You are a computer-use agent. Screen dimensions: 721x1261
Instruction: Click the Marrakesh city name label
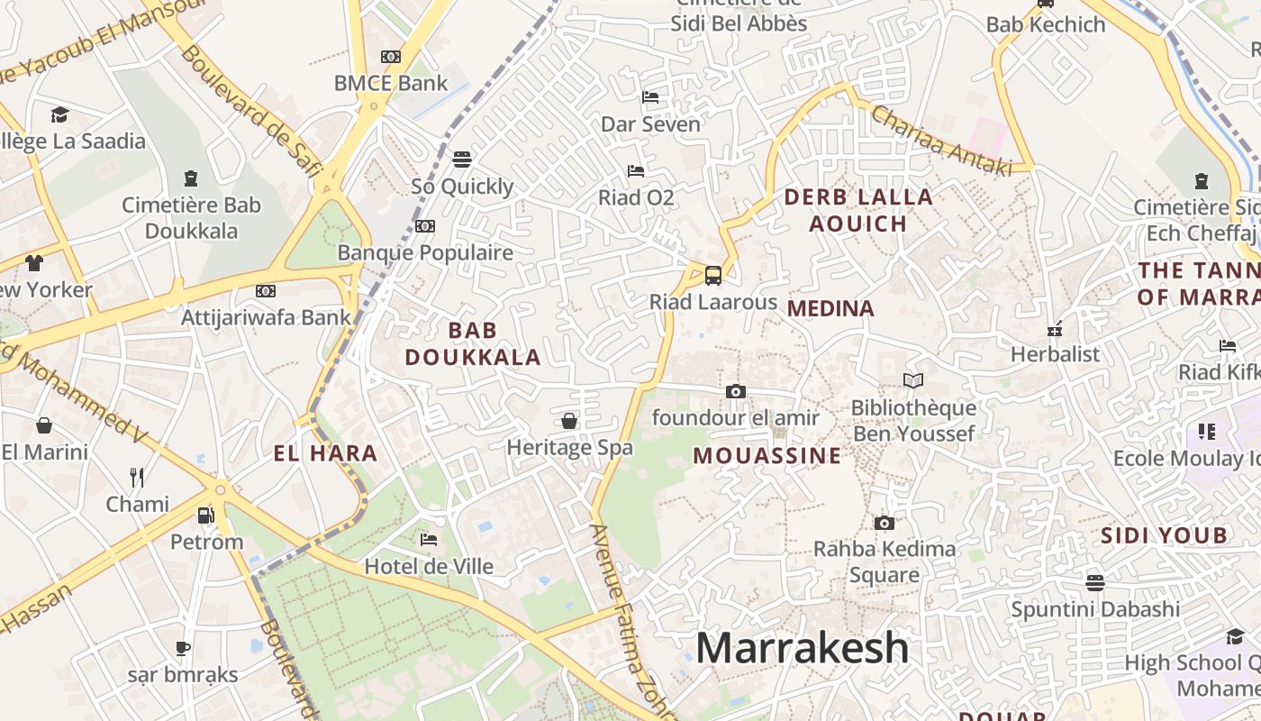(x=802, y=648)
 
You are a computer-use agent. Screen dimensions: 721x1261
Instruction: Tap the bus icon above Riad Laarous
(x=713, y=275)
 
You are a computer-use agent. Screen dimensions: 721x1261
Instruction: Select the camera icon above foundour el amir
(x=736, y=391)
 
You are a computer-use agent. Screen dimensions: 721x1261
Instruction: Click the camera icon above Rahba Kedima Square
(x=885, y=523)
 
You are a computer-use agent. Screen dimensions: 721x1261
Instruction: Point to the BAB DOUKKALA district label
(x=473, y=344)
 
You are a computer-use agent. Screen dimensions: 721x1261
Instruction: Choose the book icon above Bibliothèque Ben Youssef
(x=913, y=381)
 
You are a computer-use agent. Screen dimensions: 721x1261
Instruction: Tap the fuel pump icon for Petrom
(x=206, y=515)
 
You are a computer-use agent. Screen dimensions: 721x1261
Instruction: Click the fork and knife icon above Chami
(x=137, y=477)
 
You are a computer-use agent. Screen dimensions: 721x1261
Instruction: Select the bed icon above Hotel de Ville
(x=429, y=540)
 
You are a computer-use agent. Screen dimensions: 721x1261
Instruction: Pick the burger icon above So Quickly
(x=462, y=160)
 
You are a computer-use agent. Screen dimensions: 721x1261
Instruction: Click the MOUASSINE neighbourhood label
(x=767, y=456)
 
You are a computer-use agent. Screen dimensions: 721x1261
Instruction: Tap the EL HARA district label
(x=325, y=453)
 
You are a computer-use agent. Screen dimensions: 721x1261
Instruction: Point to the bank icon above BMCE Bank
(x=391, y=56)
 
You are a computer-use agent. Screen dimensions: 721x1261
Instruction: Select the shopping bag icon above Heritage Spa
(x=569, y=421)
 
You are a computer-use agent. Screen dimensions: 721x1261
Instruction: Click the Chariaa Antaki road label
(x=941, y=141)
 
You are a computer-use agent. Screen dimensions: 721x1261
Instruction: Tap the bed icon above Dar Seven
(x=650, y=97)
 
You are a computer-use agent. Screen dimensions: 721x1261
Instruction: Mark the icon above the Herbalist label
(x=1056, y=329)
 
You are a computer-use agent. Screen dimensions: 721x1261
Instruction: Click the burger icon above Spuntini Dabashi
(x=1095, y=582)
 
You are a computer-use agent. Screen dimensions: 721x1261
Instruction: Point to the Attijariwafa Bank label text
(x=266, y=317)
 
